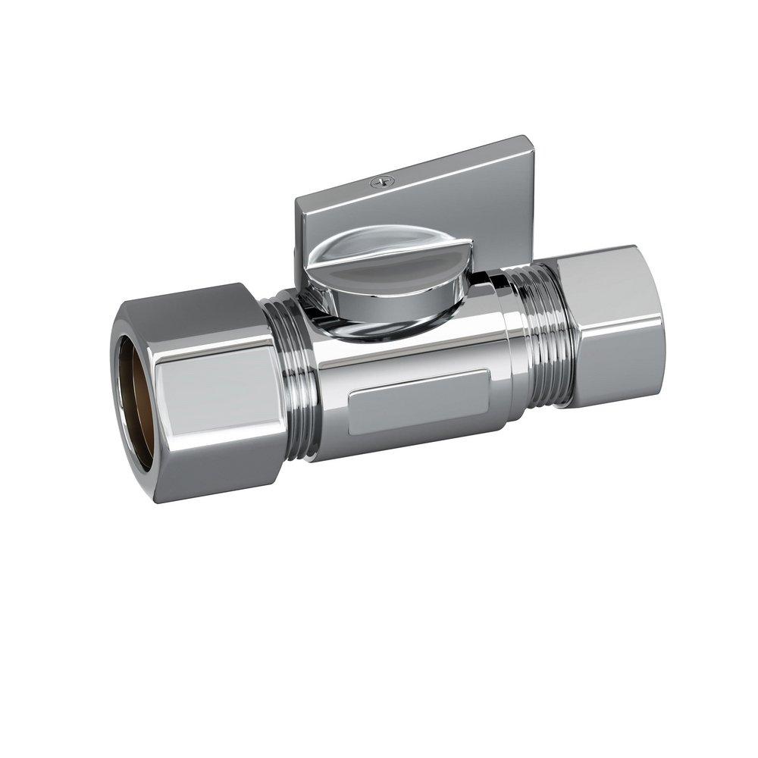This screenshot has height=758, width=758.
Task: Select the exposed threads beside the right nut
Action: coord(539,341)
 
